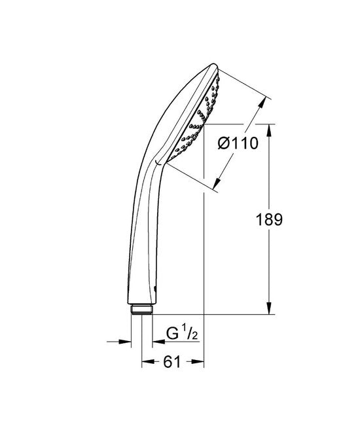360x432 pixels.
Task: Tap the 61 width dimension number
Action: point(173,361)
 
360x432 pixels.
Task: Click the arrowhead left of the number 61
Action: point(147,361)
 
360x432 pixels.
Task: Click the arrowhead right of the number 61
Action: point(200,361)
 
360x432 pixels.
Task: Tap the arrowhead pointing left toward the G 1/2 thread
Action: point(158,341)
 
